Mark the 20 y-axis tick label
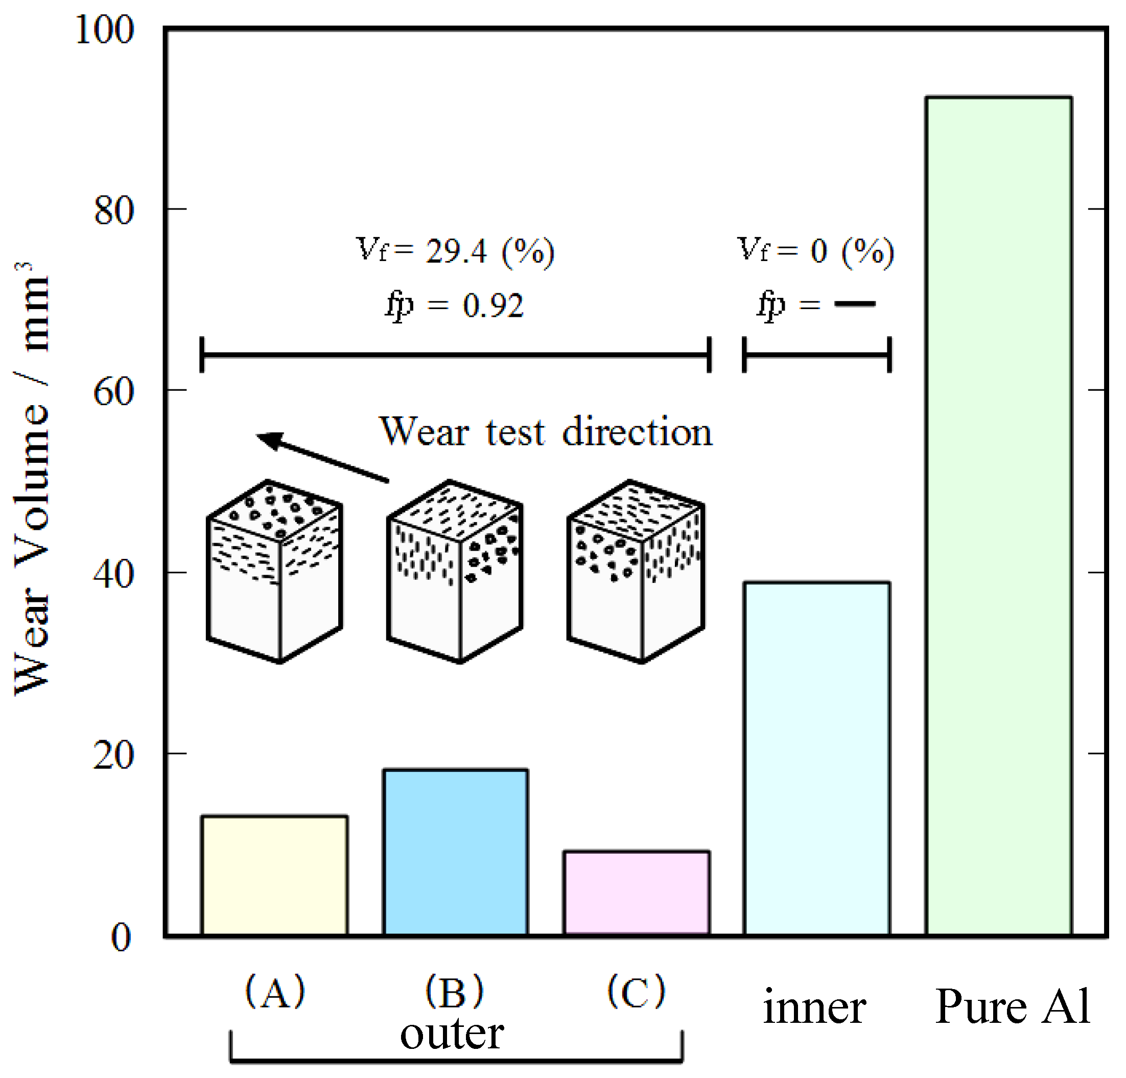point(114,755)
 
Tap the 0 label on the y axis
point(121,938)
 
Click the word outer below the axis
point(452,1035)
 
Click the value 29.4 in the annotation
point(456,252)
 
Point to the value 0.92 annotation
point(493,306)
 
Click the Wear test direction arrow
point(322,457)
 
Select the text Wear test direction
point(546,432)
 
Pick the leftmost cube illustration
point(275,571)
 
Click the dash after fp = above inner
point(855,304)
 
